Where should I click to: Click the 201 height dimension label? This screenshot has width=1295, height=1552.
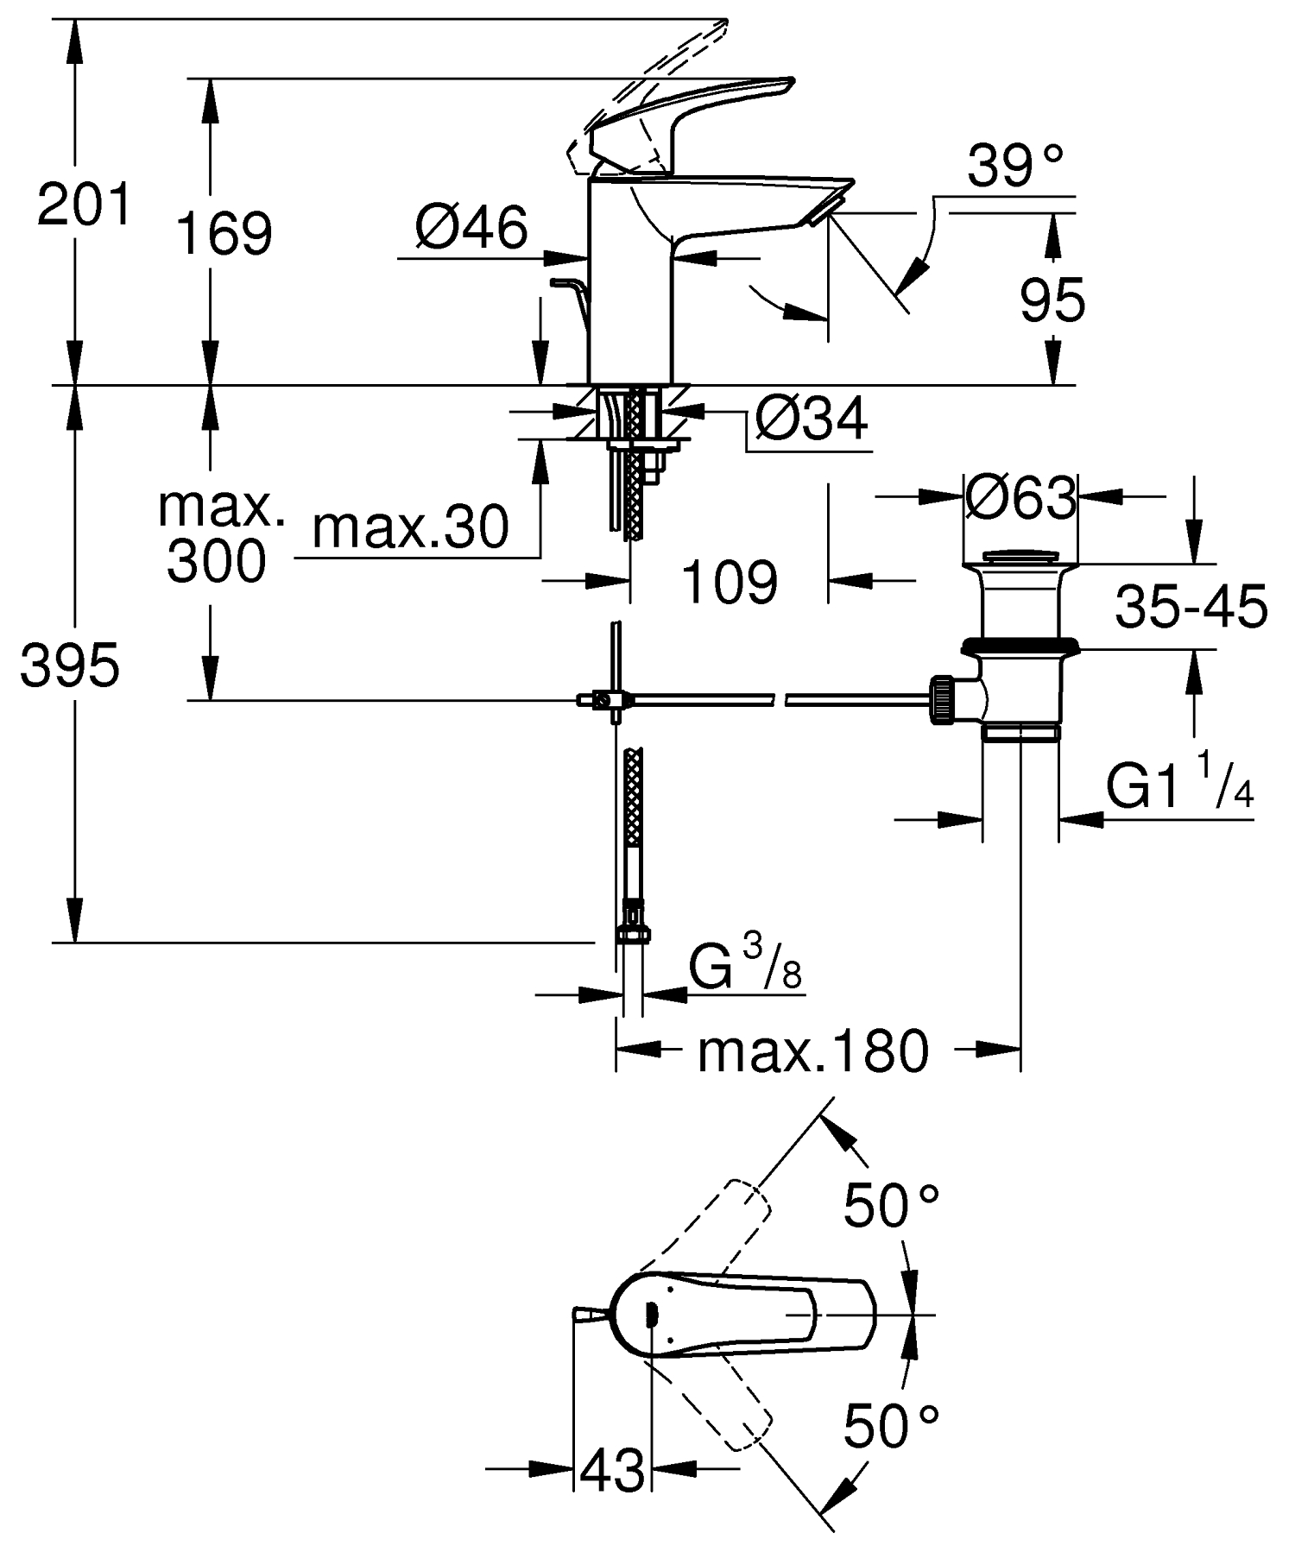(x=84, y=205)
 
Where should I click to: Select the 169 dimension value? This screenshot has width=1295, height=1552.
(x=224, y=233)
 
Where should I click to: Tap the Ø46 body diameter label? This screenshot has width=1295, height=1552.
(x=471, y=229)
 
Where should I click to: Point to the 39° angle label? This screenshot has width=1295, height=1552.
(x=1014, y=167)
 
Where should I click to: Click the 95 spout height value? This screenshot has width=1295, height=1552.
(x=1052, y=302)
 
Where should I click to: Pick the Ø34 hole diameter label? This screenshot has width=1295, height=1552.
(x=811, y=420)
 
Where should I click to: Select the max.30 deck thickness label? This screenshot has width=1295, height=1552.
(x=410, y=527)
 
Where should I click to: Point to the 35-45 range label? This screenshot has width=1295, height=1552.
(x=1191, y=607)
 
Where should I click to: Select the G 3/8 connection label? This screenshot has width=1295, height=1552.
(x=746, y=968)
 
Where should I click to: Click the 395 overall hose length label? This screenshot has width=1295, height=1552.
(x=70, y=666)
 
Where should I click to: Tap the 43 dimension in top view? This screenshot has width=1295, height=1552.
(x=612, y=1468)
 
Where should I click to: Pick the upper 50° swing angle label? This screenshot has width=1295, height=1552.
(x=890, y=1205)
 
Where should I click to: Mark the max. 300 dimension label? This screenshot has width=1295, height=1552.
(x=219, y=535)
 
